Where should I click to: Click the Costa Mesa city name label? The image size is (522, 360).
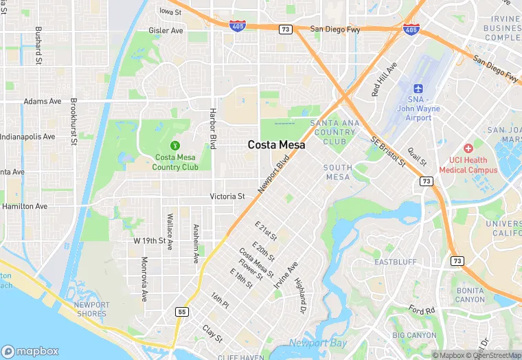(x=277, y=145)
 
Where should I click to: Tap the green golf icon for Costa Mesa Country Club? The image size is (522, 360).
(x=175, y=145)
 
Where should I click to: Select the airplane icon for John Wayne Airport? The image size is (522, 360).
(x=418, y=89)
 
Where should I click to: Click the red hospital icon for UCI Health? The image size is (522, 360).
(x=468, y=148)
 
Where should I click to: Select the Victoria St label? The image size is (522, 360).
(x=227, y=196)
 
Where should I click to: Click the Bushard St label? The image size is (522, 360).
(x=38, y=43)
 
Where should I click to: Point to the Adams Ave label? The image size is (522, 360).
(x=43, y=101)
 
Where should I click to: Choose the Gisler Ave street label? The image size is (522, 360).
(x=166, y=31)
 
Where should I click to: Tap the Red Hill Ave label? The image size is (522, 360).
(x=384, y=80)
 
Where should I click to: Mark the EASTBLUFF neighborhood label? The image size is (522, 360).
(x=395, y=262)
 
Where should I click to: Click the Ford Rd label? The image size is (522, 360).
(x=422, y=310)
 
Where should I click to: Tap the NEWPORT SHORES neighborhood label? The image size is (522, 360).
(x=91, y=309)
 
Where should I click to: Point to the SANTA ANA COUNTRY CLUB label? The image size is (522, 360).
(x=333, y=132)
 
